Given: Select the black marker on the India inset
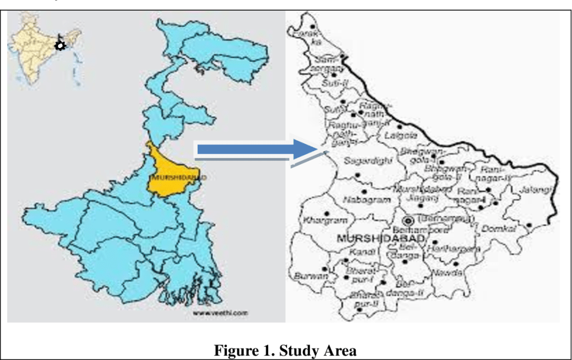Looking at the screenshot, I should point(59,45).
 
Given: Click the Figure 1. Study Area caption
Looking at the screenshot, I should point(285,351).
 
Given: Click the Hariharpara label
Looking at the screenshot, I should point(456,248).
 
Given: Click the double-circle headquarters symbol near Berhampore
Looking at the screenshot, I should point(408,221).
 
